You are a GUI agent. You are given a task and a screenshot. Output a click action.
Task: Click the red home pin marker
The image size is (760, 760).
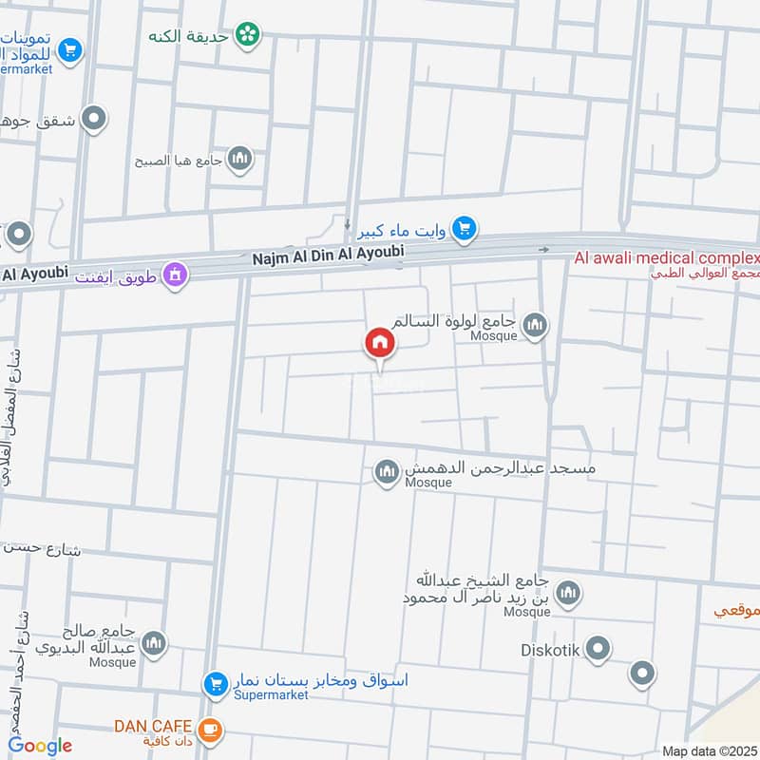380,344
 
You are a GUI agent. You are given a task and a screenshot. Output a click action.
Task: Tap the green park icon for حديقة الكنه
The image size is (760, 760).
248,34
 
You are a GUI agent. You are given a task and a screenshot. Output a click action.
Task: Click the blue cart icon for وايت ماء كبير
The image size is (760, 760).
464,227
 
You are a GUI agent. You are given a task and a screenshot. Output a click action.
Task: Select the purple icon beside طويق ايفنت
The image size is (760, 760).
175,275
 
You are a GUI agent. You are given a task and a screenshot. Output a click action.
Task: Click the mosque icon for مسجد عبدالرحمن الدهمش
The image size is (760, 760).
386,472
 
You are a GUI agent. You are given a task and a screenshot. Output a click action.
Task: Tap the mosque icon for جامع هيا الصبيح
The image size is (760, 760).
240,158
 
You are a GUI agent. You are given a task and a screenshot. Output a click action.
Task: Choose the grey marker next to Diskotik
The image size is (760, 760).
598,651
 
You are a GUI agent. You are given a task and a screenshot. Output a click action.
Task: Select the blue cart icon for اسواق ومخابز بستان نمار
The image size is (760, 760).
215,683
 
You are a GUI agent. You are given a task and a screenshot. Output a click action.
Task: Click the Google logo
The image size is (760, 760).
40,746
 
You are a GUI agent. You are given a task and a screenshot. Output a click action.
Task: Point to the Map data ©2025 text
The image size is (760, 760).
708,750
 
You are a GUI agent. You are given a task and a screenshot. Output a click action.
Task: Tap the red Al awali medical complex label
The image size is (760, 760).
666,258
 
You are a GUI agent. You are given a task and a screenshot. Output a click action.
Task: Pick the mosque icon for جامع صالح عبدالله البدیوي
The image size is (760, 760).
154,646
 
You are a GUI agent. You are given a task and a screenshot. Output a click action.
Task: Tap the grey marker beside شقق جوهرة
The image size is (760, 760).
93,120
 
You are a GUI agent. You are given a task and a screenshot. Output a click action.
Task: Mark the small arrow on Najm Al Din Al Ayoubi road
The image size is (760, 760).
543,250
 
